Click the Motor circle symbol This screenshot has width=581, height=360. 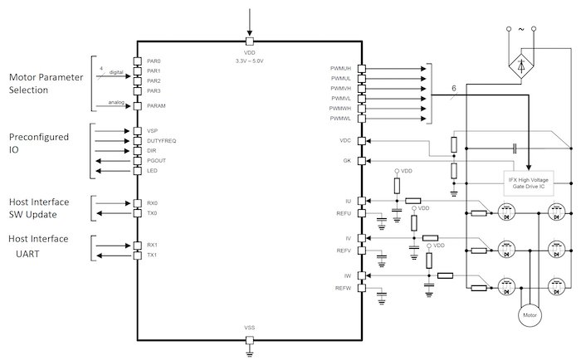(529, 316)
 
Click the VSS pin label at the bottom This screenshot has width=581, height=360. (250, 328)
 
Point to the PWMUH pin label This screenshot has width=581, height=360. (341, 71)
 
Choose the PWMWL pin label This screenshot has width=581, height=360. (341, 118)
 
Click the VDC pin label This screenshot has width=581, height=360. (346, 140)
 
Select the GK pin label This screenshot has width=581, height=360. (348, 161)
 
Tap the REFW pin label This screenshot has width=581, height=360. (344, 289)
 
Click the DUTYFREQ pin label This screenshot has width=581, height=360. (161, 141)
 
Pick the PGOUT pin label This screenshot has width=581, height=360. (158, 161)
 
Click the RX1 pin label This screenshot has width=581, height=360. (152, 245)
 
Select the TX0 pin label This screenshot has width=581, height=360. (152, 213)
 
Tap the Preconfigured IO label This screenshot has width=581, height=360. (38, 144)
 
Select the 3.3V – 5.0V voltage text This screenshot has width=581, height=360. (250, 61)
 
